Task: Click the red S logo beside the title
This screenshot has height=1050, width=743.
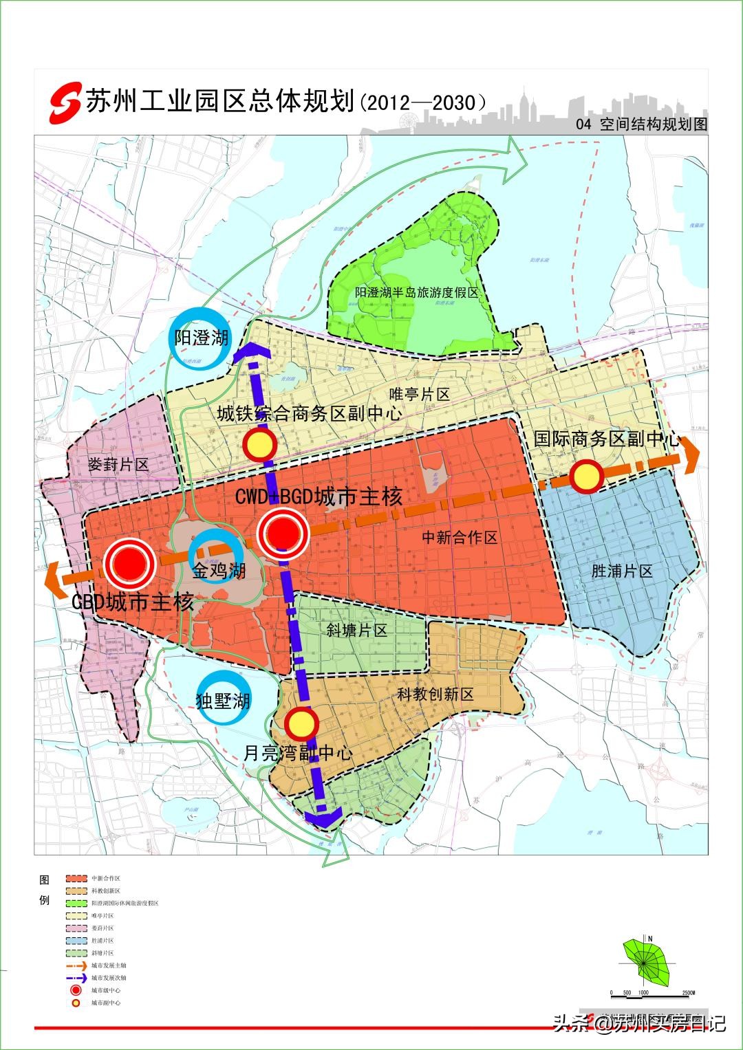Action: click(64, 103)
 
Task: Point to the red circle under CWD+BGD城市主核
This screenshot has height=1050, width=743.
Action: click(282, 532)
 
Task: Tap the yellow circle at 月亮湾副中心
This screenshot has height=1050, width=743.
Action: click(300, 723)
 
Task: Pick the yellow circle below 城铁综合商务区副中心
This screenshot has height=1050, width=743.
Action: click(260, 445)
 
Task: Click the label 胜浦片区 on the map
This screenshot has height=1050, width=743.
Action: click(621, 571)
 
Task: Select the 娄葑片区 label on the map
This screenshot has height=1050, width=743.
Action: click(118, 464)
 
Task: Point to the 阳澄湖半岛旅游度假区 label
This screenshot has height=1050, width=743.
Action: click(416, 292)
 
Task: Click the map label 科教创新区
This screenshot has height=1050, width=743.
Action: click(435, 694)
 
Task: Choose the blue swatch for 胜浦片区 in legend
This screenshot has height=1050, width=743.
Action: click(76, 940)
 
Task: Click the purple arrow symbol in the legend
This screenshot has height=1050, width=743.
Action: click(76, 977)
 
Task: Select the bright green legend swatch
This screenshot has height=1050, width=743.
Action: click(76, 903)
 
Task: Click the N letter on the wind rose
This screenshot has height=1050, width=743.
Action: click(649, 938)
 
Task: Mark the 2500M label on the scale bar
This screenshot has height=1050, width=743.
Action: click(689, 993)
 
